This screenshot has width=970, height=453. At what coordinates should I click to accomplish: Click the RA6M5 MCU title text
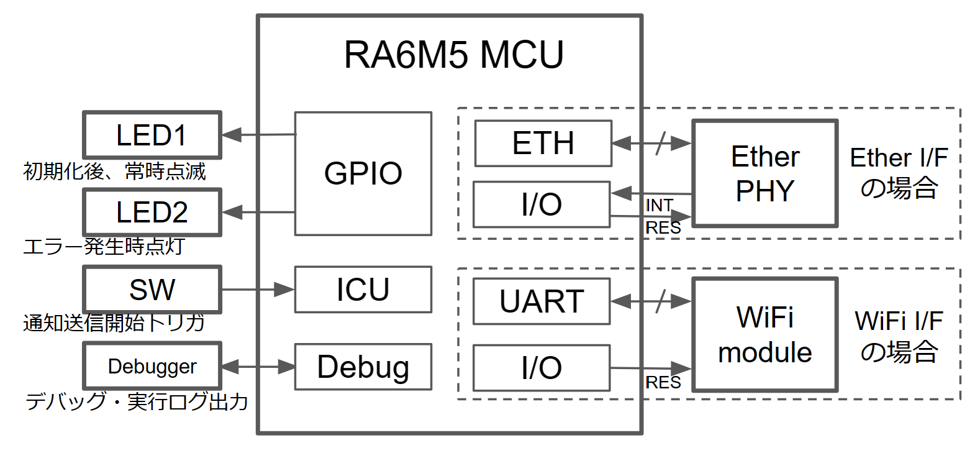(x=454, y=55)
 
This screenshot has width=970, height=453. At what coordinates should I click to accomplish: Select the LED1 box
(x=152, y=135)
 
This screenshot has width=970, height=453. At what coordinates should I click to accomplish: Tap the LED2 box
(x=152, y=213)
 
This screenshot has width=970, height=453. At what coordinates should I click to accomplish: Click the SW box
(x=152, y=290)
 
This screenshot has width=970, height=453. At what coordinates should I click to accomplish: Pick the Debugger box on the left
(x=152, y=367)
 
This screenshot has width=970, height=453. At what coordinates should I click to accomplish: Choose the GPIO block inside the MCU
(x=363, y=173)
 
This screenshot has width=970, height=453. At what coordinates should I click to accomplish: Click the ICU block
(x=363, y=290)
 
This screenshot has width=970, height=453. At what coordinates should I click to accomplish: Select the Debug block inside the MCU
(x=363, y=367)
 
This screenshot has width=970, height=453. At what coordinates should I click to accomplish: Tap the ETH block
(x=543, y=144)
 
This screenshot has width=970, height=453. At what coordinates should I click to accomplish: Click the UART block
(x=542, y=301)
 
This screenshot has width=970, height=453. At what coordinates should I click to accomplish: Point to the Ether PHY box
(x=764, y=173)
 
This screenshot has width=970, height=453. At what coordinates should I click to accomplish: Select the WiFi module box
(x=764, y=335)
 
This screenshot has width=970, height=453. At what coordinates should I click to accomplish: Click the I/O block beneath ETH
(x=542, y=204)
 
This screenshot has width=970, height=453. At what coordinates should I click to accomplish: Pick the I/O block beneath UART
(x=542, y=368)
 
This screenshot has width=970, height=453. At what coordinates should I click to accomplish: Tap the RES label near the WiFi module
(x=663, y=382)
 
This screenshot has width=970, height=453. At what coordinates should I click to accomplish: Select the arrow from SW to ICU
(x=257, y=290)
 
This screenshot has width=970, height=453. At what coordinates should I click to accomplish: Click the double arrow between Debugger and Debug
(x=257, y=367)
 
